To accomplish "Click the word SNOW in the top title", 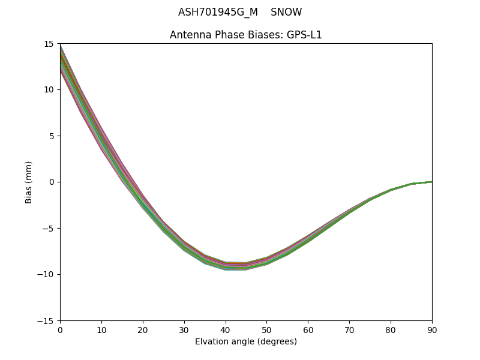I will [x=286, y=13].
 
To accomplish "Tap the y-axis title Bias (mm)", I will [x=29, y=182].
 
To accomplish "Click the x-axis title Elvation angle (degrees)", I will [x=246, y=342].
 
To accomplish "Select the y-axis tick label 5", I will [x=52, y=136].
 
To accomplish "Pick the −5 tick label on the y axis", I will [x=50, y=229].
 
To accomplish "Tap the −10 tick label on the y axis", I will [x=48, y=275].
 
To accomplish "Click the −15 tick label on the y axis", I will [x=48, y=321].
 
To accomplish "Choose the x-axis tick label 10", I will [x=101, y=330].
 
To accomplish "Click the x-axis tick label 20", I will [x=143, y=330].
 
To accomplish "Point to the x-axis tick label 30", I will [x=184, y=330].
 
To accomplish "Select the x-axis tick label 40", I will [x=226, y=330].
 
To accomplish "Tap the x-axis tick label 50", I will [x=266, y=330].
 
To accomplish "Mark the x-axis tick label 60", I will [x=308, y=330].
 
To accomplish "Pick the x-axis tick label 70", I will [x=349, y=330].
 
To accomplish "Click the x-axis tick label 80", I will [x=391, y=330].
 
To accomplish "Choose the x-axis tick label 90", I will [x=432, y=330].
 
